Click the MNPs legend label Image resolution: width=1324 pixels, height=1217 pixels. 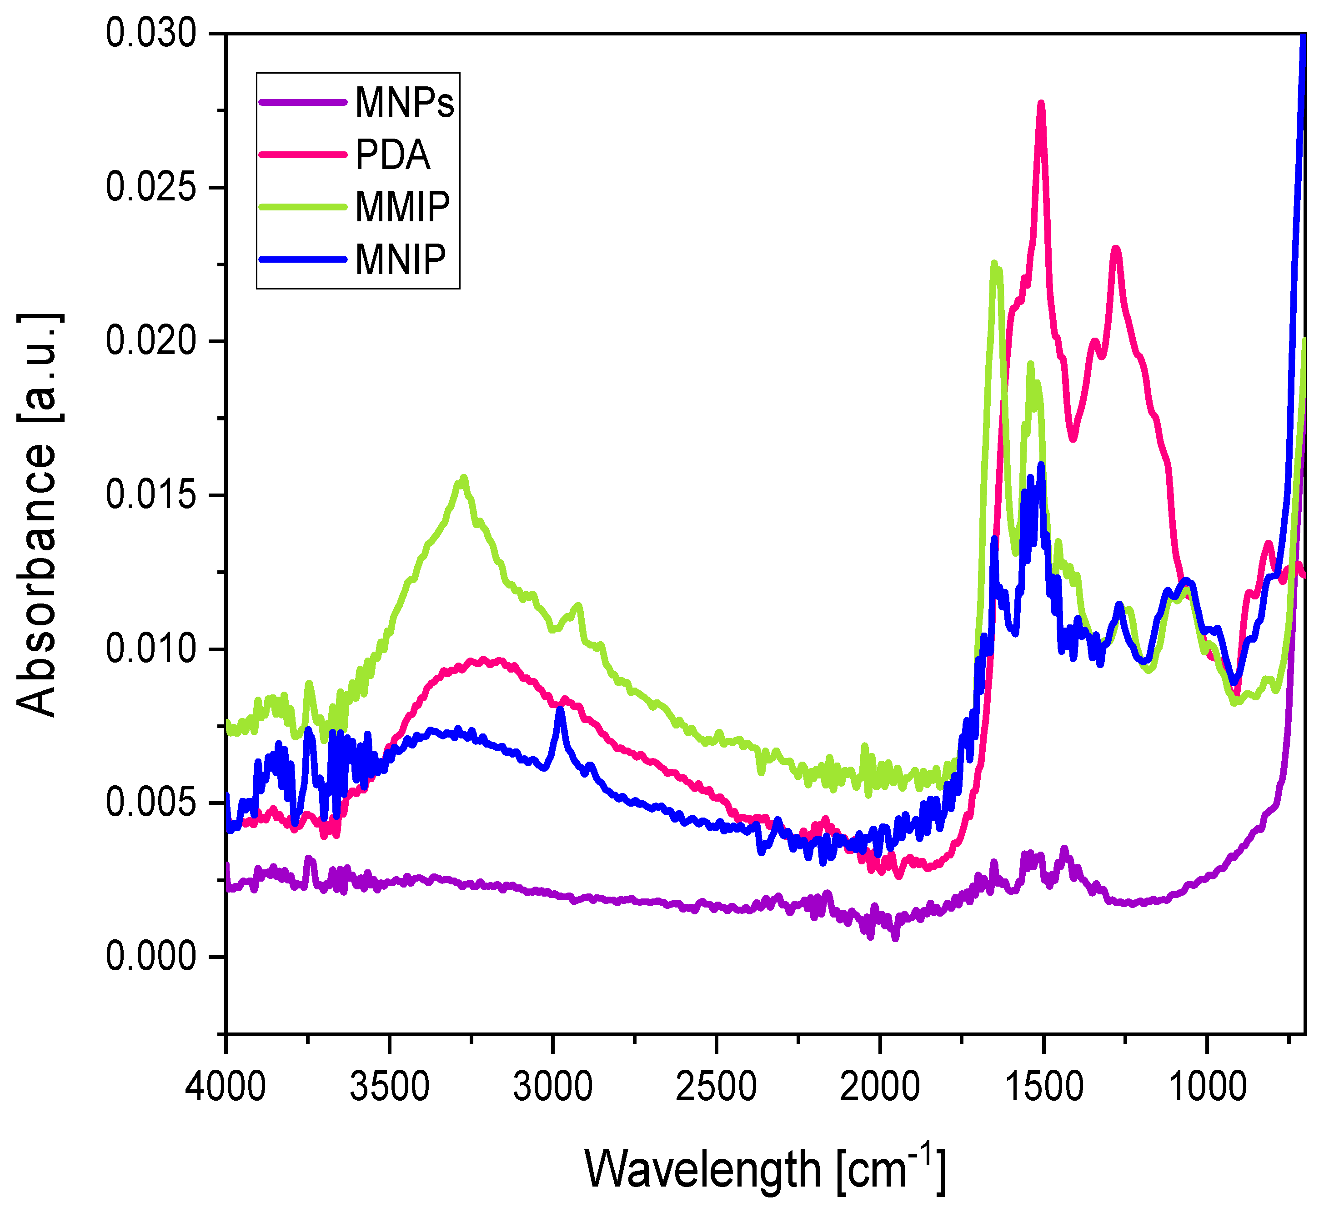click(405, 103)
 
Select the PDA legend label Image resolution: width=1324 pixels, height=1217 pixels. click(392, 155)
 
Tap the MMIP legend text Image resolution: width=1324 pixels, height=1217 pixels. click(402, 207)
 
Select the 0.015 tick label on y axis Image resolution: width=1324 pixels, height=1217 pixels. click(151, 495)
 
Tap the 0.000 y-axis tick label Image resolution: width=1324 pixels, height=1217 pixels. click(151, 957)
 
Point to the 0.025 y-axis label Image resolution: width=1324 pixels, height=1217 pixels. click(151, 188)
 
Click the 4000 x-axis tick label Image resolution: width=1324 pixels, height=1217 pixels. click(226, 1087)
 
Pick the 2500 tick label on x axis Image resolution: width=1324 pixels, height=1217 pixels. click(716, 1087)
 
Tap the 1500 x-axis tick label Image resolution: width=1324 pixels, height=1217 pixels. click(1043, 1087)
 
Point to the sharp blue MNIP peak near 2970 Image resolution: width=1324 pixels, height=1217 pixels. click(560, 709)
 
